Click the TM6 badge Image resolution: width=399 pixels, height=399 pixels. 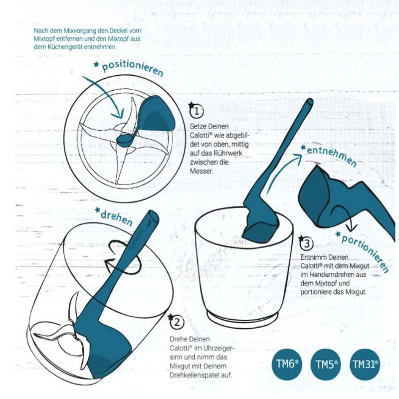(287, 365)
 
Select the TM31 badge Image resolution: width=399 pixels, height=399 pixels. (365, 365)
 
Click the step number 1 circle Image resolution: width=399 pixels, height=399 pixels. (197, 110)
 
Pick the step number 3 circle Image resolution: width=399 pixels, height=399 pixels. (307, 244)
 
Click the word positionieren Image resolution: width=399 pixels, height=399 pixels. (132, 69)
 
